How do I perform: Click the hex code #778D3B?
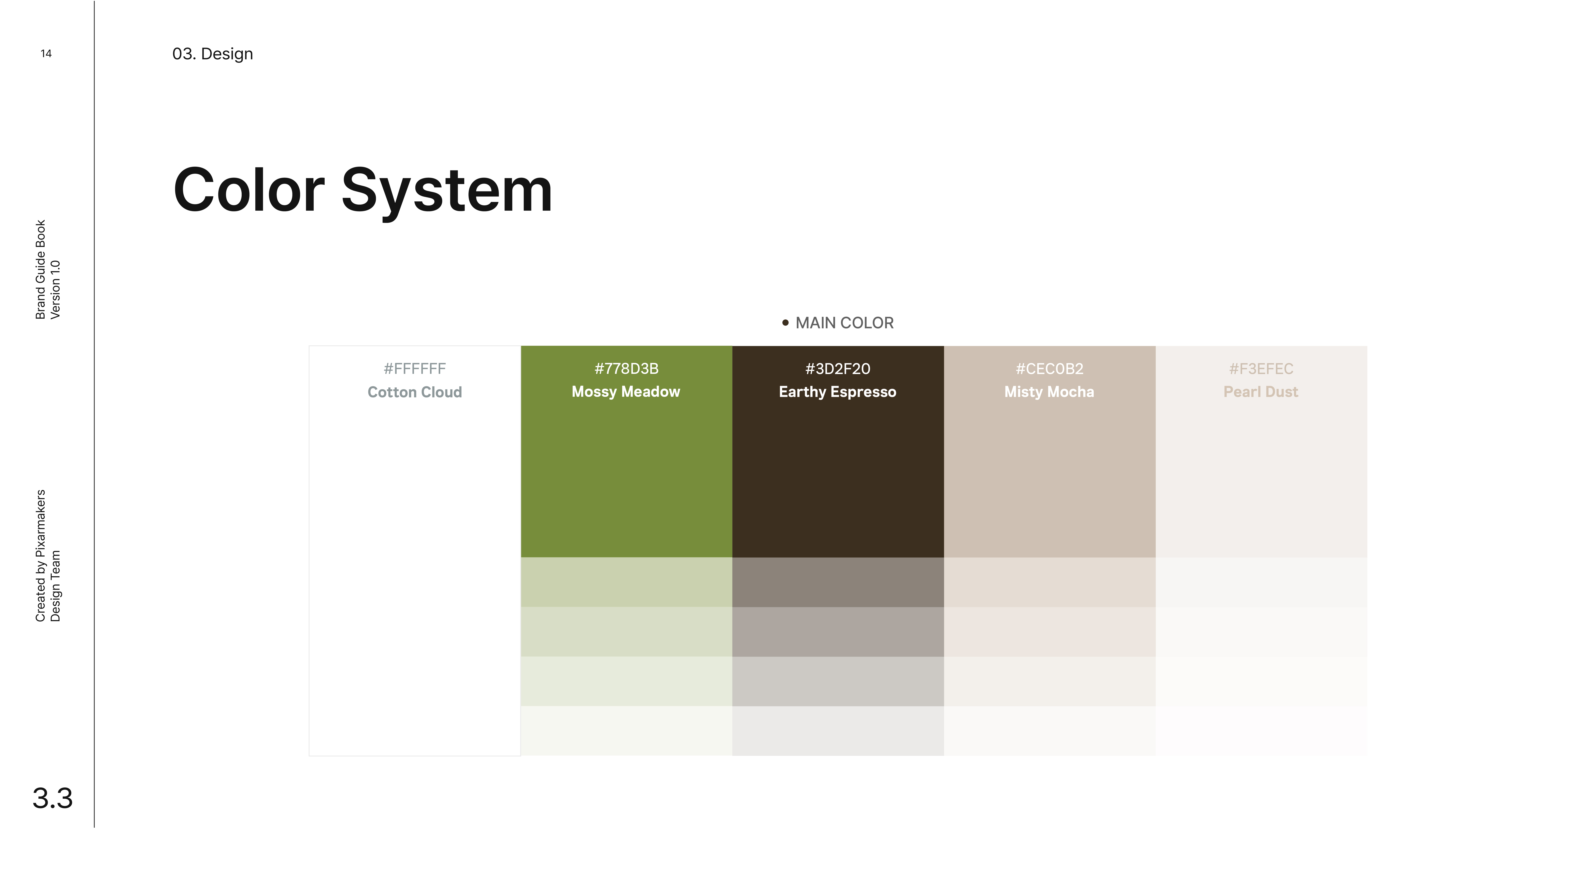pos(626,369)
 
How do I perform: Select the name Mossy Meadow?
pos(626,392)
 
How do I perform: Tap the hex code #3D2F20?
pos(837,369)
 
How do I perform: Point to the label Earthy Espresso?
pos(837,392)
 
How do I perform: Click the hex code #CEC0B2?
pos(1049,369)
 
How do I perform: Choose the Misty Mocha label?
pos(1049,392)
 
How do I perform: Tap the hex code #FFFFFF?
pos(415,369)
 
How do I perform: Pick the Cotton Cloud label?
pos(415,392)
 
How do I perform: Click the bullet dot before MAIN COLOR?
pos(785,323)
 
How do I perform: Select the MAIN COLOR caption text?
pos(845,323)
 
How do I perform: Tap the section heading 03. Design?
pos(213,54)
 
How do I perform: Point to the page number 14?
pos(46,53)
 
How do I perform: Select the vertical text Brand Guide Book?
pos(40,269)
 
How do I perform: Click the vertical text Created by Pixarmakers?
pos(40,556)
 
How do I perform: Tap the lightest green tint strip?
pos(626,731)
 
